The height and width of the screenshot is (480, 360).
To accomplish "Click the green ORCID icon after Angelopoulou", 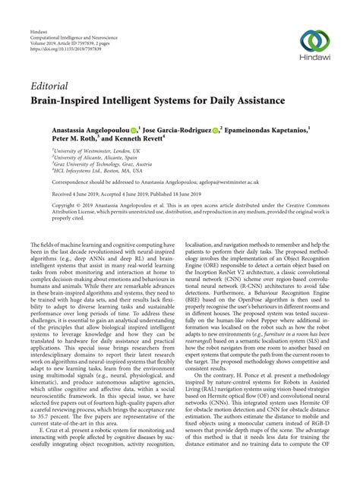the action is point(134,131).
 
